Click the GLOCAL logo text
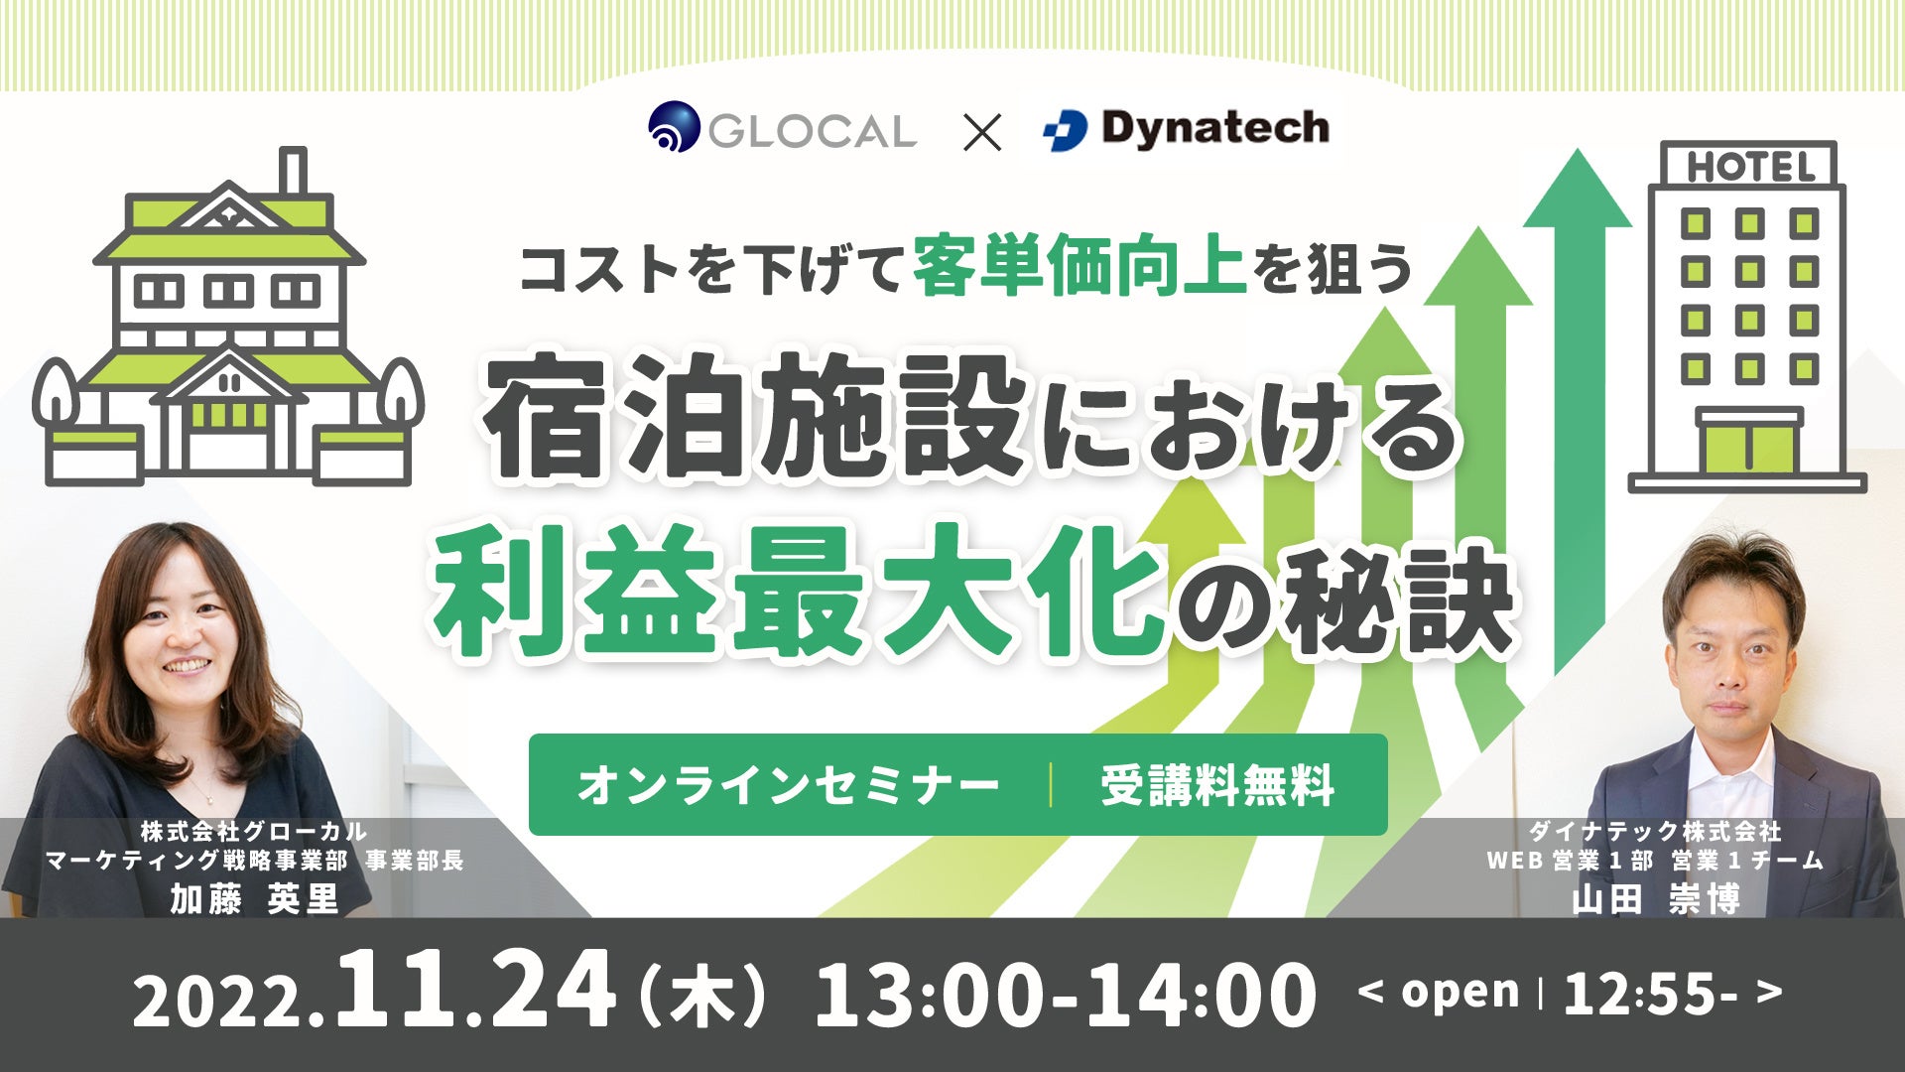[812, 131]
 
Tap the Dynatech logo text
[1214, 128]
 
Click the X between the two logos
[982, 131]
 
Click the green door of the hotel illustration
[1748, 449]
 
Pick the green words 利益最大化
[800, 592]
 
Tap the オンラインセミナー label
[788, 786]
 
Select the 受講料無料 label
[1217, 786]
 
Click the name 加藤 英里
[255, 899]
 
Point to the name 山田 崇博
[1656, 899]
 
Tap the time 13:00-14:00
[1066, 994]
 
